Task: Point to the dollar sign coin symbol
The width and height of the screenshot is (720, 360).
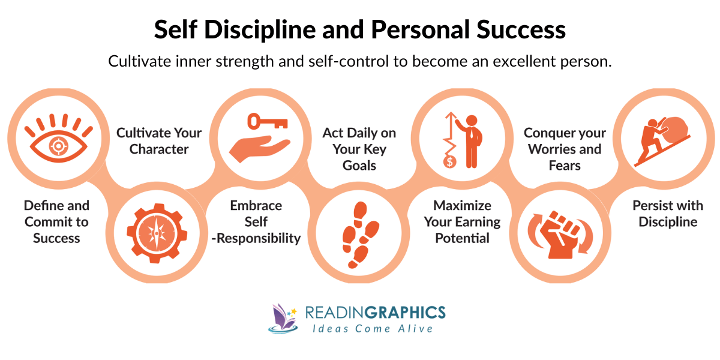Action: pyautogui.click(x=448, y=161)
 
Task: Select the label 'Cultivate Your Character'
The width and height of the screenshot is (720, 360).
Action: pyautogui.click(x=159, y=140)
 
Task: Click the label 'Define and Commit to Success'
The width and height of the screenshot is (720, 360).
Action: pyautogui.click(x=56, y=221)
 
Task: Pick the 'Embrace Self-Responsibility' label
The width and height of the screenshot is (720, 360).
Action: pyautogui.click(x=256, y=221)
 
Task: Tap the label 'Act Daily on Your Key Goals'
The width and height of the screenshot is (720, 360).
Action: pyautogui.click(x=359, y=148)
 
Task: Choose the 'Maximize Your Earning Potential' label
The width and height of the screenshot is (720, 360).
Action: pyautogui.click(x=462, y=221)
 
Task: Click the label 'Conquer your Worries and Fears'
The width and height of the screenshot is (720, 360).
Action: pyautogui.click(x=565, y=148)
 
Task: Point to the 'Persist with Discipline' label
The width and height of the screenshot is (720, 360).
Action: pyautogui.click(x=668, y=214)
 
